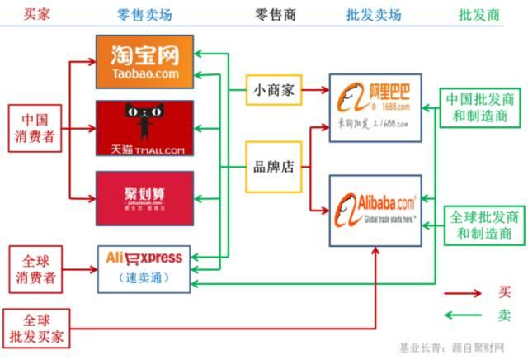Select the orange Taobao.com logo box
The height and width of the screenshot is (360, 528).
[144, 62]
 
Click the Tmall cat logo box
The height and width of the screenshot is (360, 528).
[144, 128]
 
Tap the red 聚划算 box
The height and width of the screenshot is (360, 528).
[144, 198]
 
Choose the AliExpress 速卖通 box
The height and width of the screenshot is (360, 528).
[144, 268]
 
